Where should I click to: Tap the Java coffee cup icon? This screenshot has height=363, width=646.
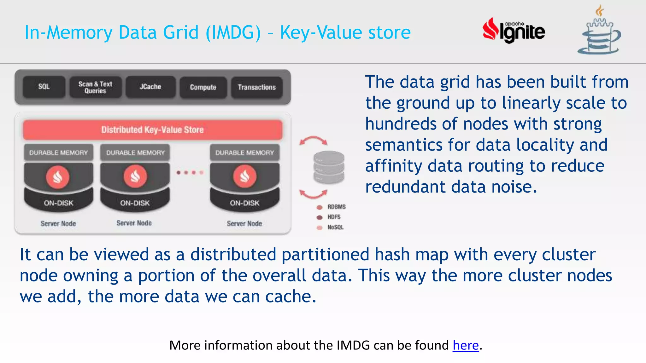[x=599, y=32]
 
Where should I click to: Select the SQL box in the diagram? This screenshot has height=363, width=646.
[x=44, y=87]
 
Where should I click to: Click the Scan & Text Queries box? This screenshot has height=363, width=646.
[x=95, y=87]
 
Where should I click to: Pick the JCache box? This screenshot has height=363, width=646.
[x=150, y=87]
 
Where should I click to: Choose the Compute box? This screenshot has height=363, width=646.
[x=203, y=87]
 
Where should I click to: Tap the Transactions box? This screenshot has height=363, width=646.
[x=257, y=87]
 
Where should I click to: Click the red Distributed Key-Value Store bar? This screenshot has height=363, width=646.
[x=153, y=130]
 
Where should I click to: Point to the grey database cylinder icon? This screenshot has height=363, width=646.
[x=329, y=167]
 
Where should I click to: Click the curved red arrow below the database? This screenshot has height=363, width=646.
[x=313, y=194]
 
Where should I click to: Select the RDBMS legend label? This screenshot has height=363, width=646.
[x=336, y=207]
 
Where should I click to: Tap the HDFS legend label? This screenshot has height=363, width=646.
[x=334, y=217]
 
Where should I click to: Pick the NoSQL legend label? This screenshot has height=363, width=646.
[x=335, y=227]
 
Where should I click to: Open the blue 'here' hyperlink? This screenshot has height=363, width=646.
[x=466, y=345]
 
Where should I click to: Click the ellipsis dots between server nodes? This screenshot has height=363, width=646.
[x=190, y=172]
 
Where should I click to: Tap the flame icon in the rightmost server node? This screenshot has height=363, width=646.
[x=245, y=176]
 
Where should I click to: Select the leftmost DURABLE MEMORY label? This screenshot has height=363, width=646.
[x=59, y=153]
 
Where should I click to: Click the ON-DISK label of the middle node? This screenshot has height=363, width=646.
[x=135, y=203]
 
